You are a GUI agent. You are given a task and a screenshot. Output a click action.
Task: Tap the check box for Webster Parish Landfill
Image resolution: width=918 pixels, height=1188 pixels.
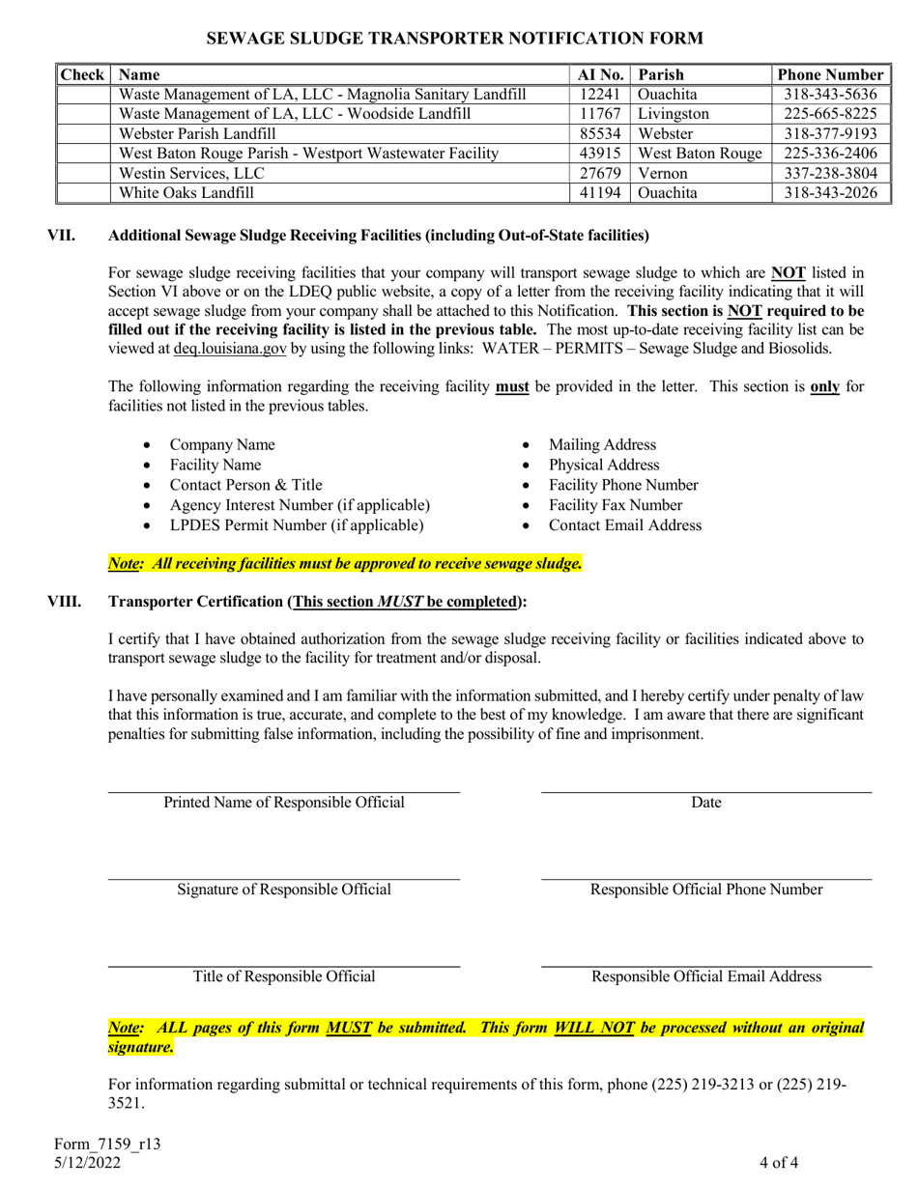[x=84, y=133]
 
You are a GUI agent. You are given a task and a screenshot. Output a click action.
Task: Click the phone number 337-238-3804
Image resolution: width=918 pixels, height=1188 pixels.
[x=830, y=174]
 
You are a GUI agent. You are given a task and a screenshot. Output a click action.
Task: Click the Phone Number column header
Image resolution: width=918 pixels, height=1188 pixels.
[x=830, y=74]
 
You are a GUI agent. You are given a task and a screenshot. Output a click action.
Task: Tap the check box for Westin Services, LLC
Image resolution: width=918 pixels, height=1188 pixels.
[x=84, y=174]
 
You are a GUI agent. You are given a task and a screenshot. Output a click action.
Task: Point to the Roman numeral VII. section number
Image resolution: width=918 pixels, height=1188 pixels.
[x=65, y=235]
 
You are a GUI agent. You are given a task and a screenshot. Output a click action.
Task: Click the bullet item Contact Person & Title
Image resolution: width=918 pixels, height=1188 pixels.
[x=245, y=485]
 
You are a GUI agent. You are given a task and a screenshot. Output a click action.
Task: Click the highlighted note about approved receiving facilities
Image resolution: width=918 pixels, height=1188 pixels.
[x=345, y=563]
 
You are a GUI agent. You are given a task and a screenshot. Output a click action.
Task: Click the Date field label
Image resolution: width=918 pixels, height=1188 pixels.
[x=706, y=803]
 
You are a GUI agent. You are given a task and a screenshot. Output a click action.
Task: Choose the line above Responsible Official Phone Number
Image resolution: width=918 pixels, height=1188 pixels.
[x=706, y=879]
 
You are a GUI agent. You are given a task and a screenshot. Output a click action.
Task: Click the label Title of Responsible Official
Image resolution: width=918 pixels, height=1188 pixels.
[x=284, y=976]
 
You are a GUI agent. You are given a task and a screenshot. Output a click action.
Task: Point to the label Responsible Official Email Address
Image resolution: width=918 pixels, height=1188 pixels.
[x=706, y=976]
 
